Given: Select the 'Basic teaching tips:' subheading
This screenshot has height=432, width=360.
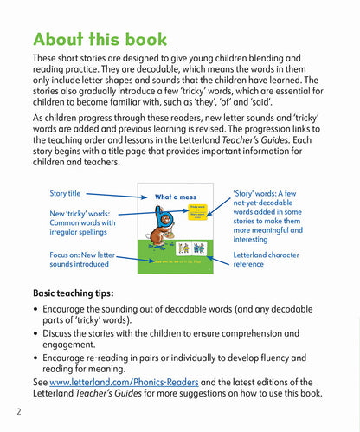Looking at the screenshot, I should (x=80, y=293).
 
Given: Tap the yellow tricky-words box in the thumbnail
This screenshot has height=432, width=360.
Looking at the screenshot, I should (x=201, y=211).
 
